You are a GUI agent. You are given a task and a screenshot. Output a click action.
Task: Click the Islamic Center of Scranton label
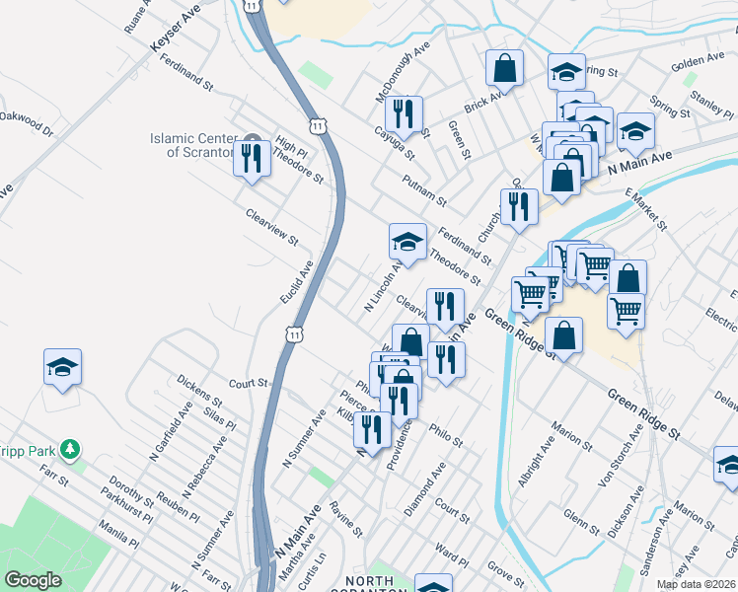pos(193,145)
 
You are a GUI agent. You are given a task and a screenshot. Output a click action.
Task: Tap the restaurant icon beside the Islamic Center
pos(252,157)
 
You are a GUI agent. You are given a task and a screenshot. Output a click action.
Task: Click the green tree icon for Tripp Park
pos(69,450)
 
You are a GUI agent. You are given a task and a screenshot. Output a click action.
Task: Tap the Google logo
pos(33,579)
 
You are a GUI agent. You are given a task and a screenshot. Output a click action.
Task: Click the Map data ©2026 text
pos(695,584)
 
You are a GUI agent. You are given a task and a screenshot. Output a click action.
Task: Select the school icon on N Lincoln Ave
pos(407,241)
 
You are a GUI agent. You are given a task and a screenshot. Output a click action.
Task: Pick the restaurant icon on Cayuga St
pos(403,114)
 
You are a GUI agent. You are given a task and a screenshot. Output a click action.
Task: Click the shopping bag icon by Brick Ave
pos(504,69)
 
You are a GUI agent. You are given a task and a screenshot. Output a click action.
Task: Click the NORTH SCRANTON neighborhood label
pos(374,582)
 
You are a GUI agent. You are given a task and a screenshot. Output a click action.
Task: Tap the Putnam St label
pos(425,190)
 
